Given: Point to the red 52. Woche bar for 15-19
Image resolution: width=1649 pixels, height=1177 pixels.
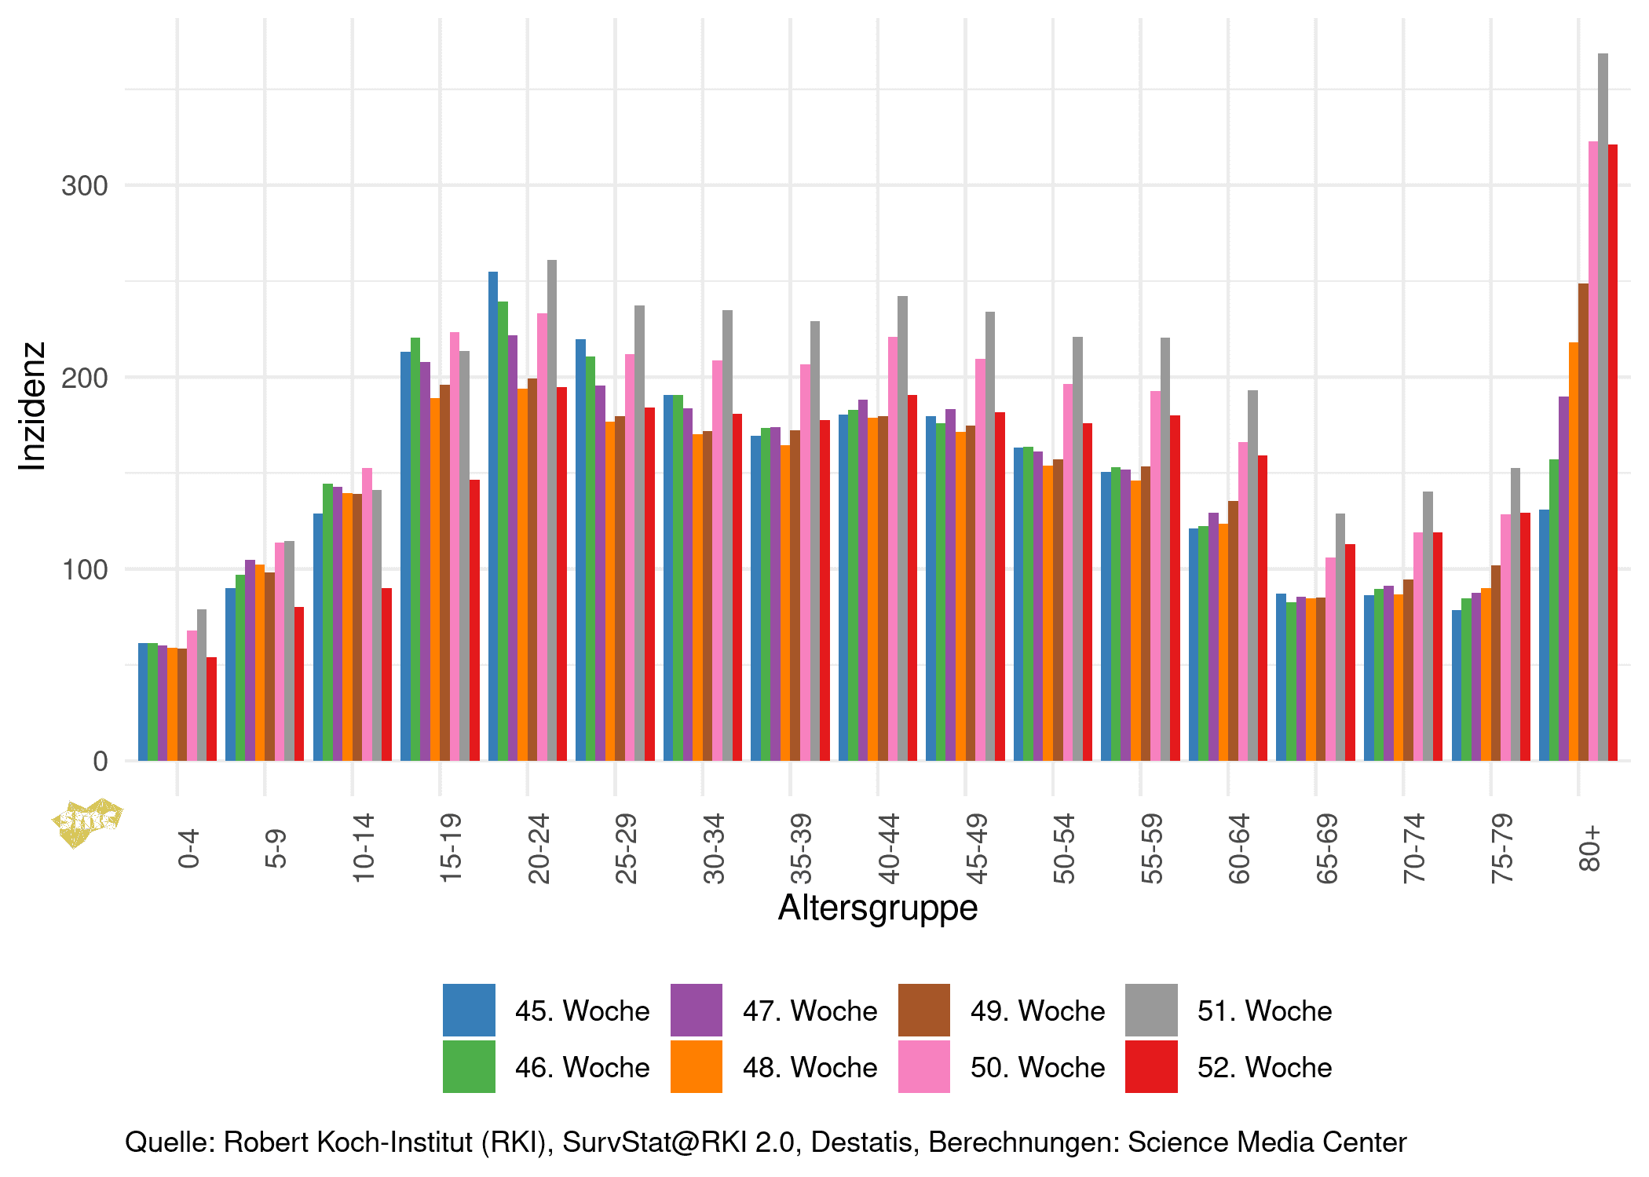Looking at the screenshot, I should [474, 620].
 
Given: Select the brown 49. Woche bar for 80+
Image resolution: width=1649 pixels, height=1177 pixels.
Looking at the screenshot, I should [1583, 522].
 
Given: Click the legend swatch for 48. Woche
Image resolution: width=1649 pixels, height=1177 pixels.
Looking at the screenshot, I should [696, 1066].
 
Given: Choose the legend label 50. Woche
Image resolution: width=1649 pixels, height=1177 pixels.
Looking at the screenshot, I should [1037, 1068].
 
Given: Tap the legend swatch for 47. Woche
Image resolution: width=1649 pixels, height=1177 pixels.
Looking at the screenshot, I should [696, 1010].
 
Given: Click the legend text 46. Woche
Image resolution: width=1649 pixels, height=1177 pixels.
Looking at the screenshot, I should [582, 1068].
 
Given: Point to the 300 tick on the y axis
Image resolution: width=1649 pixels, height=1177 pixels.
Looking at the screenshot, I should [84, 186].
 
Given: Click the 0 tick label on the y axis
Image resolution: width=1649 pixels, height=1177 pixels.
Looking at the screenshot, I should [100, 761].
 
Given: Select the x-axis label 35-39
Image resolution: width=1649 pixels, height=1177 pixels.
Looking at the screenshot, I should [801, 848].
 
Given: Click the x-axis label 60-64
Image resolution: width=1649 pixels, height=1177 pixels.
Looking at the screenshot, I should [1239, 848].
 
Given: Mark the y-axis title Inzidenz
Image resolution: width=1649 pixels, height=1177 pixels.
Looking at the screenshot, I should [32, 406].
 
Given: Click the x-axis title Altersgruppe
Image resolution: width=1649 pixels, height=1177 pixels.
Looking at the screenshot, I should [877, 908].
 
